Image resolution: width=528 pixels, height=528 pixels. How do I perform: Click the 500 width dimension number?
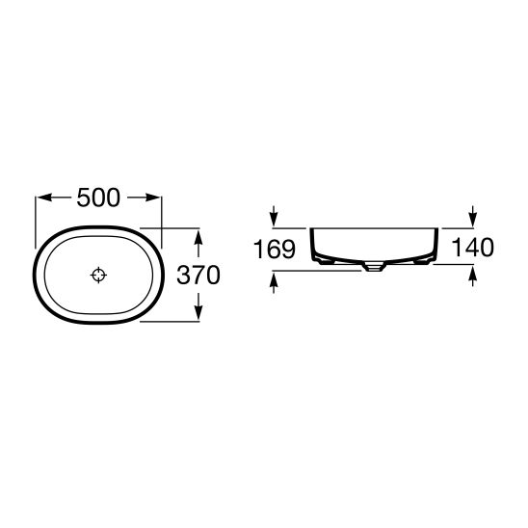click(98, 198)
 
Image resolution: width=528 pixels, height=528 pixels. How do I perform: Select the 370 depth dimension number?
click(198, 275)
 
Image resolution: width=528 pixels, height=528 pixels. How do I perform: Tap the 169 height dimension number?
click(275, 249)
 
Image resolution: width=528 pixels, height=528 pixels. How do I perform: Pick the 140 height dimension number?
click(472, 247)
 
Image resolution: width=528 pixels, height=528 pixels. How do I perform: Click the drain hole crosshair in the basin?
click(98, 276)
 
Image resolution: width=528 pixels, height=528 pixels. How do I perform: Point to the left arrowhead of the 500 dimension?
click(43, 198)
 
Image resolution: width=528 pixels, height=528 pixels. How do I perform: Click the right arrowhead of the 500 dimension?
click(153, 198)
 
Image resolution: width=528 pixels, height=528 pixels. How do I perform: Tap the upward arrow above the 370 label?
click(198, 243)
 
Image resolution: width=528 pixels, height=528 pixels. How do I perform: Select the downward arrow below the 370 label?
click(198, 305)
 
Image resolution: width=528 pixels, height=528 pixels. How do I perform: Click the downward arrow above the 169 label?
click(274, 216)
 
